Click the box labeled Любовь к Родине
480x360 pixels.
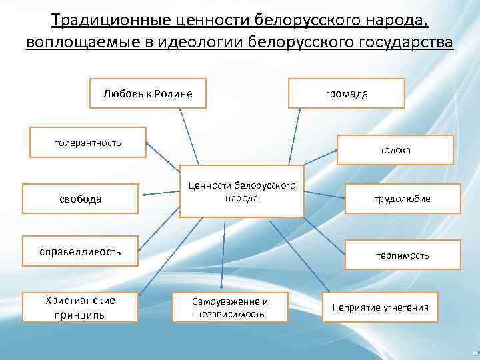[x=147, y=93]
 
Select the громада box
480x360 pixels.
[x=346, y=93]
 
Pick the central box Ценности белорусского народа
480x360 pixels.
[x=241, y=191]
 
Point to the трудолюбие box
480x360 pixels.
[x=402, y=199]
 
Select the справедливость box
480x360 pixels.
[x=80, y=251]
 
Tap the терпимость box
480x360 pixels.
[x=402, y=255]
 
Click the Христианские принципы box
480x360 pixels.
[x=80, y=307]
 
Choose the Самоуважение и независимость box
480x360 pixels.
[x=230, y=307]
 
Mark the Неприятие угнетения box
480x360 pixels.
[x=381, y=307]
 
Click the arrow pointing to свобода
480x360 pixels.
[x=160, y=193]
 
